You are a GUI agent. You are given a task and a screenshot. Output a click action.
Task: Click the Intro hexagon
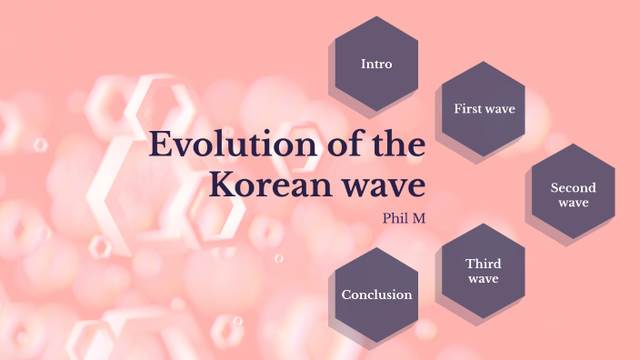[376, 64]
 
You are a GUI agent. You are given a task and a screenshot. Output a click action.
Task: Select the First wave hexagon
[484, 109]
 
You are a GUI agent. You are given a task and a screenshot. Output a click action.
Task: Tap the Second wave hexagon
[573, 195]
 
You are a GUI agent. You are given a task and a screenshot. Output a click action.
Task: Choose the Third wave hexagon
[483, 271]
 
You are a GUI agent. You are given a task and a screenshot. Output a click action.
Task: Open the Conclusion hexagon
[376, 295]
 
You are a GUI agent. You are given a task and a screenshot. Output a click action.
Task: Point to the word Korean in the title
[265, 185]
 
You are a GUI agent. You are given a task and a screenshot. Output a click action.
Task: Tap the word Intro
[376, 64]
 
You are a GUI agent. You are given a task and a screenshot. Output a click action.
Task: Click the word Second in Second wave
[573, 188]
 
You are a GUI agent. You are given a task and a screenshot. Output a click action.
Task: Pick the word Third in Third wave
[483, 264]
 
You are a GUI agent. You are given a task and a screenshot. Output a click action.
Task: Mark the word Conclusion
[376, 295]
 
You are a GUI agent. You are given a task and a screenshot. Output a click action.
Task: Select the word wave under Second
[573, 203]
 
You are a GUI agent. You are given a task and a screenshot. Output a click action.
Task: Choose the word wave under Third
[483, 278]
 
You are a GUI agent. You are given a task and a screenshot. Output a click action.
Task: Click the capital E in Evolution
[160, 145]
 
